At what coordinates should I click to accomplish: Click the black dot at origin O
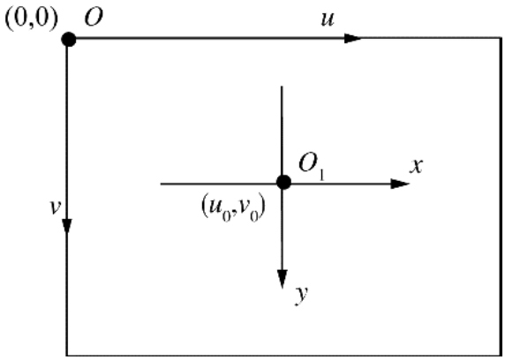coord(69,40)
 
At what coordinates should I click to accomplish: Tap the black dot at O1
coord(283,183)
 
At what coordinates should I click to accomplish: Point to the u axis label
coord(328,19)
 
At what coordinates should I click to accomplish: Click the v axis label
coord(56,207)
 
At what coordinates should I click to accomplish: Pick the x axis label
coord(416,166)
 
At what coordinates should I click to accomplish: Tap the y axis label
coord(301,295)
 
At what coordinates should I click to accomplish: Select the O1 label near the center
coord(312,166)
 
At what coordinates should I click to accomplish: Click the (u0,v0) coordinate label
coord(234,208)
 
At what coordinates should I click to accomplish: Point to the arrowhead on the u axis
coord(352,38)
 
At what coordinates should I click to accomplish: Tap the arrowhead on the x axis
coord(400,184)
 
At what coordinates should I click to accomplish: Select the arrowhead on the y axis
coord(283,280)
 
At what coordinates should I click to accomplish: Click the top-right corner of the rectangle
coord(501,39)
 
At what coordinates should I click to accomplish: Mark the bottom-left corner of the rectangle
coord(67,356)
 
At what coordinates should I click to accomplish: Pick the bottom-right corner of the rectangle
coord(501,356)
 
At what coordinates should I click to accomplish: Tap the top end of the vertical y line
coord(282,86)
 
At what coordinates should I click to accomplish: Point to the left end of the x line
coord(161,184)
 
